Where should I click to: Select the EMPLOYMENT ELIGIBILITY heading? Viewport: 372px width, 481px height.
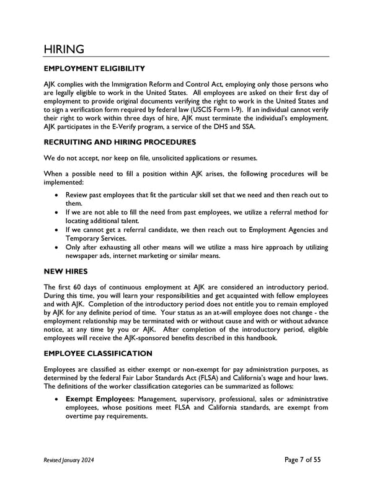pos(94,68)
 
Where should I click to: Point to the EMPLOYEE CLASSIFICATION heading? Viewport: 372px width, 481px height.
pos(98,353)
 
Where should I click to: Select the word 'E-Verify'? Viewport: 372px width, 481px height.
pos(135,127)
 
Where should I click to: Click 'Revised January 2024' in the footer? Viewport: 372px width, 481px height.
pos(70,460)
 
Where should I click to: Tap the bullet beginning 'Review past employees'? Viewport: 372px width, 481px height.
pos(58,195)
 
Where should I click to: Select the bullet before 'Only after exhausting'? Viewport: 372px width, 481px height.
pos(58,246)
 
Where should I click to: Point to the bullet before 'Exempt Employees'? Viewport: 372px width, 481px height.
pos(58,399)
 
